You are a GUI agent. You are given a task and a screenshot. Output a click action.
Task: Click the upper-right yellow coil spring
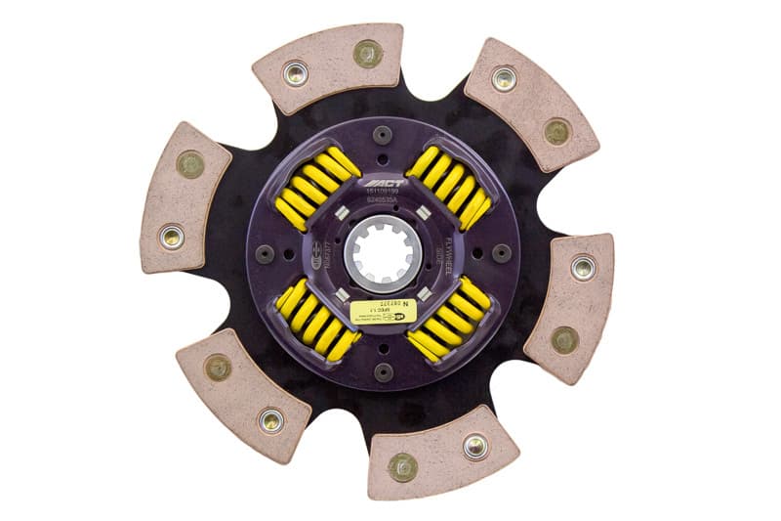pyautogui.click(x=448, y=189)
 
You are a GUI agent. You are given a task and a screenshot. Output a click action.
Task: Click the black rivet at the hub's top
pyautogui.click(x=383, y=133)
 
